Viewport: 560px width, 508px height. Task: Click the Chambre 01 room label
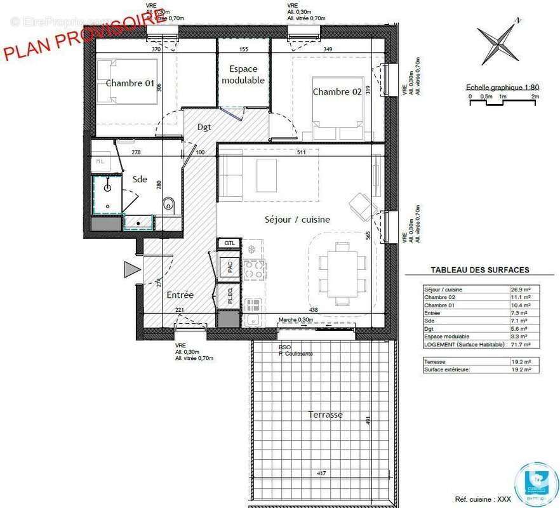(130, 83)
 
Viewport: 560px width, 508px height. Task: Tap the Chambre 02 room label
(337, 92)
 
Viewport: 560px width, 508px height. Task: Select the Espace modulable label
(243, 75)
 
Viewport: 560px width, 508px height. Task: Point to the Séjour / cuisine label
(297, 220)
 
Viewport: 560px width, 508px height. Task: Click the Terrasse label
(325, 415)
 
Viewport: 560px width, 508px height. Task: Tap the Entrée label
(180, 295)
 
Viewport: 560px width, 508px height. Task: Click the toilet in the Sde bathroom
(169, 204)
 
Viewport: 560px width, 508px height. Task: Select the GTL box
(228, 243)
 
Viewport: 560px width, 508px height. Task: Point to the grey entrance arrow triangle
(131, 270)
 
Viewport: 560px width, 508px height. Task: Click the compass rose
(500, 43)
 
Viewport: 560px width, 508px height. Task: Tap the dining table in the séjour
(342, 271)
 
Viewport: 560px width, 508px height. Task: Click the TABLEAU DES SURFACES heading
(479, 270)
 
